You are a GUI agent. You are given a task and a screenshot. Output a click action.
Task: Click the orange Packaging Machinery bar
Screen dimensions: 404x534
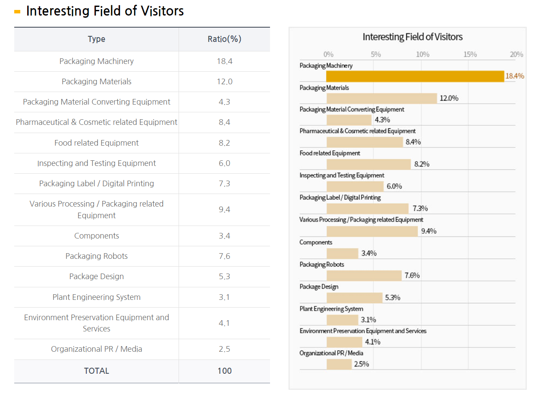tap(415, 76)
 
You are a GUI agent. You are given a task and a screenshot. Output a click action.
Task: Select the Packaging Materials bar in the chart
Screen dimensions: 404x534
tap(382, 98)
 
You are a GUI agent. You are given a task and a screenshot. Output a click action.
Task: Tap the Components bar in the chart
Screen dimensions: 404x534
tap(342, 253)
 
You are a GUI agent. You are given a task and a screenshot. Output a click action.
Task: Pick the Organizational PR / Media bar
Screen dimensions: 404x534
tap(339, 364)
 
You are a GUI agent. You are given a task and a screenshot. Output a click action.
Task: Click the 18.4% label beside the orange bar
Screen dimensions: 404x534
tap(515, 76)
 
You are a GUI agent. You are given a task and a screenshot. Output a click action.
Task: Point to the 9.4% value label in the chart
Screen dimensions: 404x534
tap(429, 231)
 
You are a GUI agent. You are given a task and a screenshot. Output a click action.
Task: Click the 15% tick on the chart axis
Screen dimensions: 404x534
tap(470, 54)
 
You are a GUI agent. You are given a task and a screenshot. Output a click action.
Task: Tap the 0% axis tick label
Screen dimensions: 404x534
tap(328, 54)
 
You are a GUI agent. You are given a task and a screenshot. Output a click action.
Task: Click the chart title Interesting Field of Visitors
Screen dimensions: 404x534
tap(412, 37)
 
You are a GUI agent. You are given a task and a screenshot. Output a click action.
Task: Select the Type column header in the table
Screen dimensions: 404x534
tap(96, 39)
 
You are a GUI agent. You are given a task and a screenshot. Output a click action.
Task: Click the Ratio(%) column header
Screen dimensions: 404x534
tap(224, 39)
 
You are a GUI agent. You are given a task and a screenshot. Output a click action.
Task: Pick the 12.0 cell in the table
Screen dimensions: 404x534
tap(224, 82)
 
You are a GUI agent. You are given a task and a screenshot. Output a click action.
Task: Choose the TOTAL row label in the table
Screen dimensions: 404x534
tap(96, 371)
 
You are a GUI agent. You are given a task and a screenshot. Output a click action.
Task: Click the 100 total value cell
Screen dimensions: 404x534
tap(224, 371)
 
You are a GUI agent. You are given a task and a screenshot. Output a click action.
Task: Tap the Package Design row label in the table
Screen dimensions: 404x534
tap(96, 277)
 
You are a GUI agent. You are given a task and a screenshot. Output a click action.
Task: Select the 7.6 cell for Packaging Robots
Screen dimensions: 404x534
tap(224, 256)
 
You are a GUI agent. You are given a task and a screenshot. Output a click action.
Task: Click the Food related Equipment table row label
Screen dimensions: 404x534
tap(96, 143)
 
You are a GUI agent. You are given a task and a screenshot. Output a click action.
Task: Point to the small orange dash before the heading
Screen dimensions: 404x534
tap(17, 12)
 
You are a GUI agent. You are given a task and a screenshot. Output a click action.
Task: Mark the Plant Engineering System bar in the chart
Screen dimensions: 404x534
tap(342, 320)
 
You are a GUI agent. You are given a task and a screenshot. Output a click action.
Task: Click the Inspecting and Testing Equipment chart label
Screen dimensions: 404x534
tap(342, 175)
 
